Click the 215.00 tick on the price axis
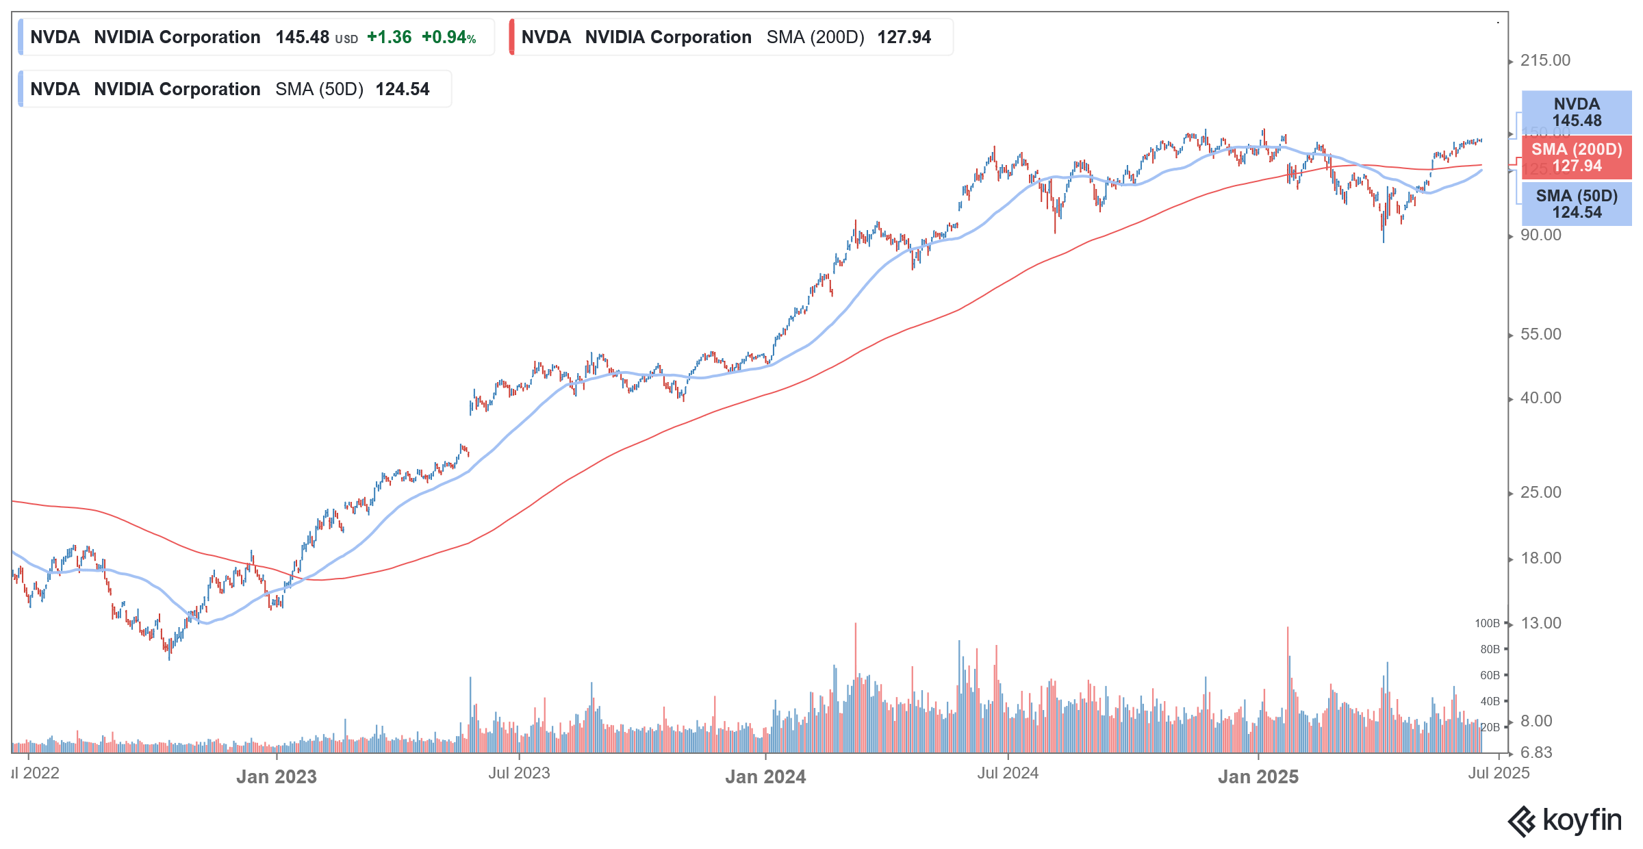[1544, 60]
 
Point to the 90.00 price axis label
[1540, 235]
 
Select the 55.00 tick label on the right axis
[1540, 334]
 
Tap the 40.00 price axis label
[1540, 398]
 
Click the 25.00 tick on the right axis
[1540, 492]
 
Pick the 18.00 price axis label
[1540, 558]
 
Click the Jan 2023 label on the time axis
[277, 776]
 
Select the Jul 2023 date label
[519, 773]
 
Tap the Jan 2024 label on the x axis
[765, 776]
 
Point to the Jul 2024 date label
[1008, 773]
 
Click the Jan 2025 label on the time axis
[1258, 776]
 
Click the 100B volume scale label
[1487, 623]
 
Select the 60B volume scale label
[1490, 675]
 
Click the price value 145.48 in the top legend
[302, 37]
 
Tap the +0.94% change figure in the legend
[448, 37]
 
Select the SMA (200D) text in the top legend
[815, 37]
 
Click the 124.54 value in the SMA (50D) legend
[403, 89]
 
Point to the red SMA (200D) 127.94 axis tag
[1576, 157]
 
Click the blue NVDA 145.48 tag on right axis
[1576, 112]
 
